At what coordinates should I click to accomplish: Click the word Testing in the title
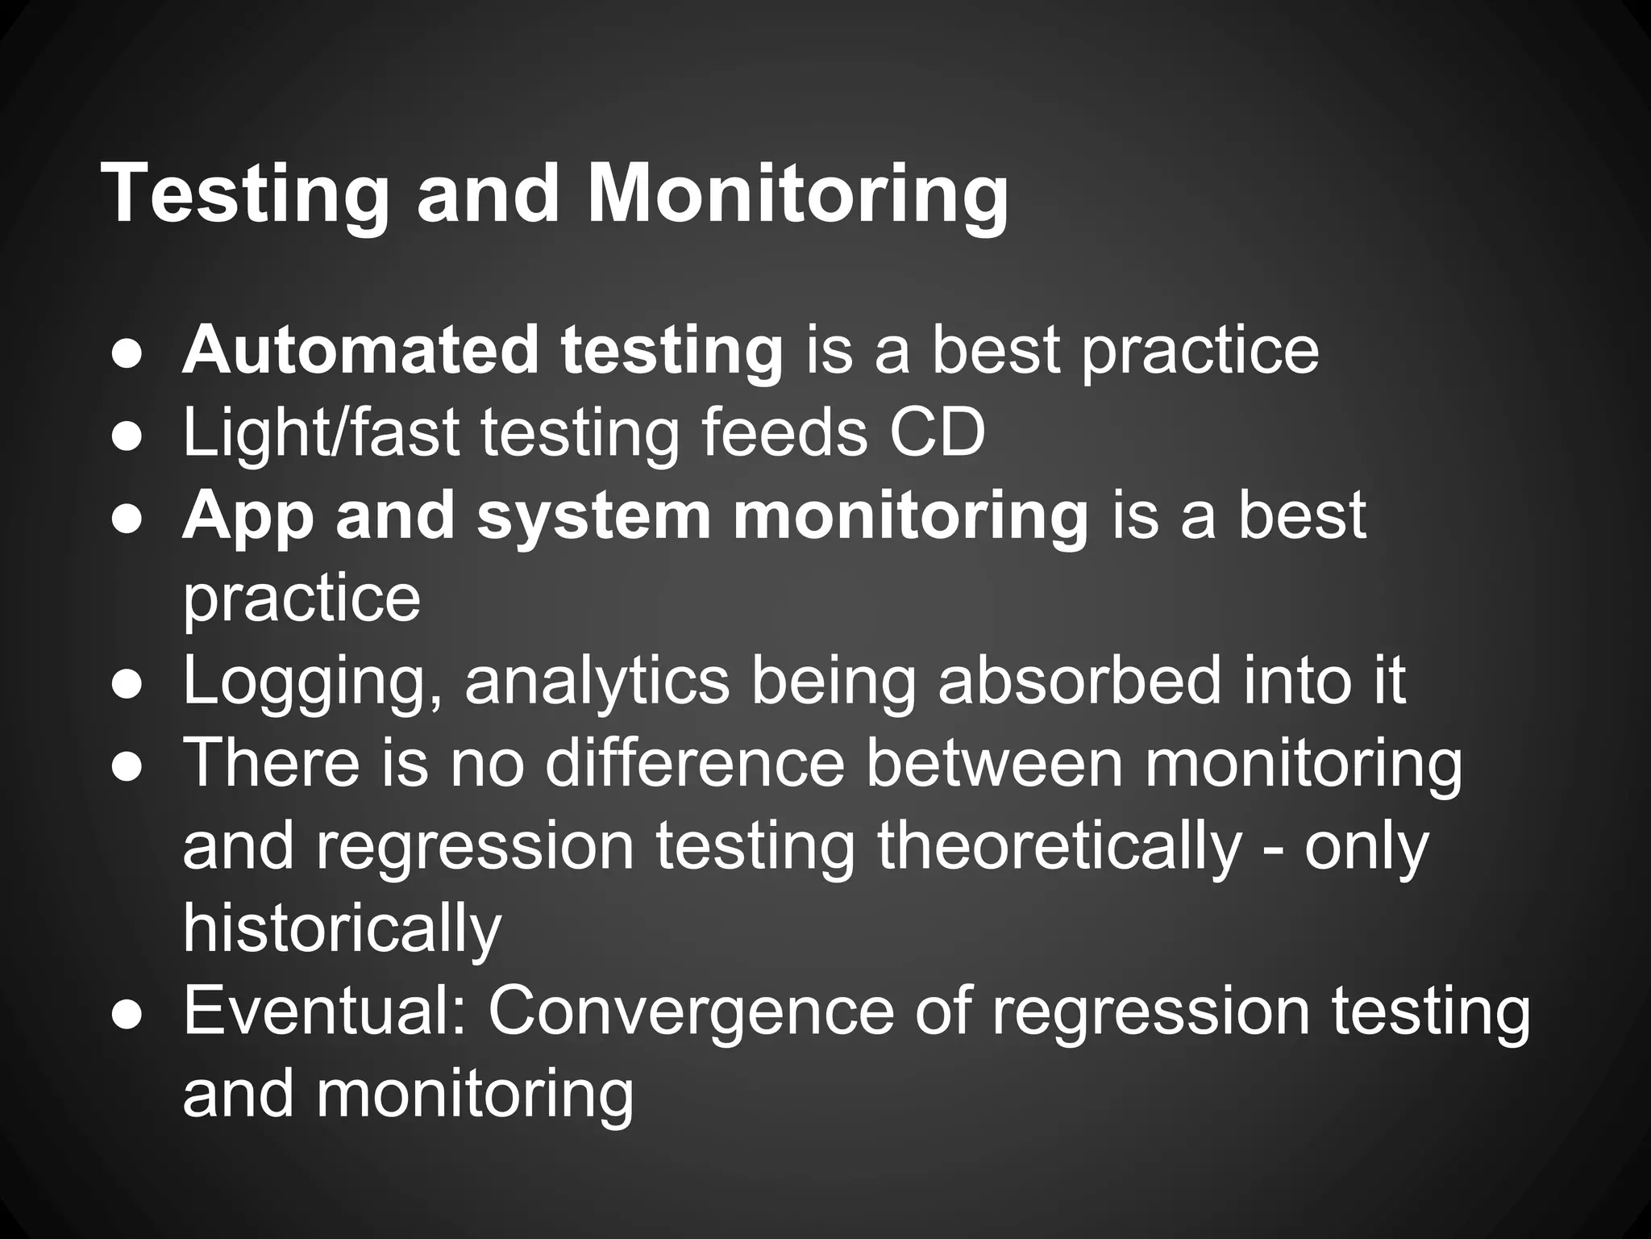point(244,195)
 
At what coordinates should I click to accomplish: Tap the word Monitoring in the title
point(797,195)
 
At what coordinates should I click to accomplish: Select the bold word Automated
point(360,350)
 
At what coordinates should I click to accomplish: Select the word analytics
point(597,682)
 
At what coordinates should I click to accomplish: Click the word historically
point(342,929)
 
